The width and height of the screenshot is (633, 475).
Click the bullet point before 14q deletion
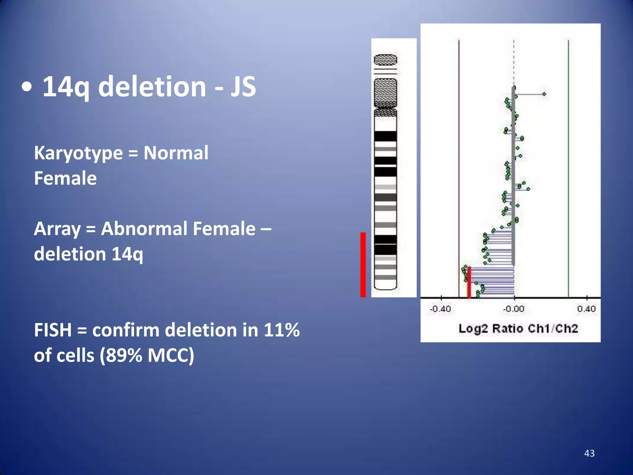click(x=27, y=88)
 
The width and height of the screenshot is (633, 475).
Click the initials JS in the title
click(x=243, y=87)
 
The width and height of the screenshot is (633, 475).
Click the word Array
click(x=57, y=229)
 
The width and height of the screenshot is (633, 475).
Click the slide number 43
click(x=589, y=453)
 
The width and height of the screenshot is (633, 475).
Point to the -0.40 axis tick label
click(x=440, y=309)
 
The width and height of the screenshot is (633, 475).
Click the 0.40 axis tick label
click(x=586, y=309)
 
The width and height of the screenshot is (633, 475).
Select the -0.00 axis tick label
click(x=514, y=309)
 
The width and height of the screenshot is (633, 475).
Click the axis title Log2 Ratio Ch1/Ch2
click(x=518, y=328)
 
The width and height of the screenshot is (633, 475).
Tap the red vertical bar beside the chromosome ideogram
click(x=363, y=265)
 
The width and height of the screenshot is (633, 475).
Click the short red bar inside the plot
click(x=469, y=282)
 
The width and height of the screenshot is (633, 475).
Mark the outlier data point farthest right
click(x=544, y=94)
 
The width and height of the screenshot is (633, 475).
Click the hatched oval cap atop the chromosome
click(x=385, y=60)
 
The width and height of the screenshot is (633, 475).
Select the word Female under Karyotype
click(x=65, y=178)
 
